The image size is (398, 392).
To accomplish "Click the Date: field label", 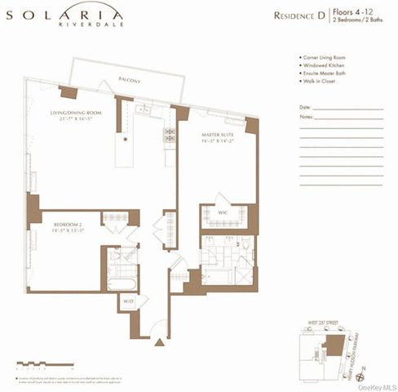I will coord(305,107).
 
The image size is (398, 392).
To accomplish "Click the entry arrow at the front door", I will coord(159,342).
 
